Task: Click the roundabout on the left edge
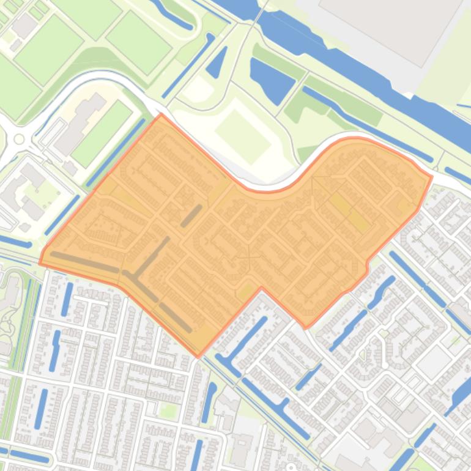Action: pos(19,139)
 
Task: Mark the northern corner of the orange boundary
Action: pos(161,114)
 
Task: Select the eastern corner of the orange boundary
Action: pos(432,177)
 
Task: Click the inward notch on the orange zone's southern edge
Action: pos(262,287)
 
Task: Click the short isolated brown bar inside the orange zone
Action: pos(191,215)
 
